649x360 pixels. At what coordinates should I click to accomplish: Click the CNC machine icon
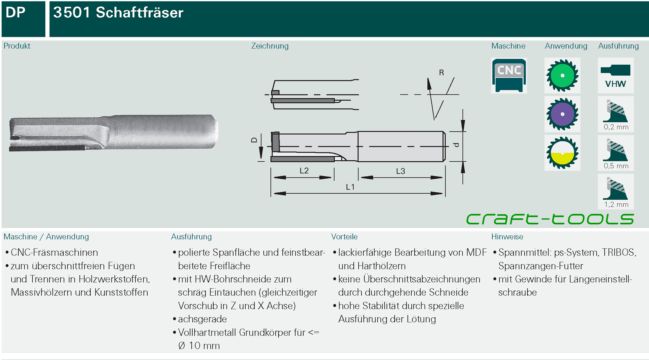tap(509, 75)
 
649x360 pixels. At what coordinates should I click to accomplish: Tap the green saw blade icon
tap(562, 75)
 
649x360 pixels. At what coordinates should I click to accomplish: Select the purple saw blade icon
tap(562, 114)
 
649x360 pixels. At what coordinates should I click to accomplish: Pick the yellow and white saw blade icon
tap(562, 153)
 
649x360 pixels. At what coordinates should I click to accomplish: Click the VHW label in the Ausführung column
tap(616, 84)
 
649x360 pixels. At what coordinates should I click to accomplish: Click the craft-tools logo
tap(550, 219)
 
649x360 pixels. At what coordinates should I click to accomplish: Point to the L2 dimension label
tap(304, 171)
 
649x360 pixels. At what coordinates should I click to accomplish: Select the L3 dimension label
tap(401, 171)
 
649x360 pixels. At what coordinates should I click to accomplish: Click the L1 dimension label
tap(350, 187)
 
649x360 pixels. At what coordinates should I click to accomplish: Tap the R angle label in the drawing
tap(441, 73)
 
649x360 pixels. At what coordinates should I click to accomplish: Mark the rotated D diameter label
tap(254, 140)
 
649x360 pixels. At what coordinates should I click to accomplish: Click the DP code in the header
tap(15, 12)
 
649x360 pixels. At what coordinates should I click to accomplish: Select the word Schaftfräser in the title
tap(139, 13)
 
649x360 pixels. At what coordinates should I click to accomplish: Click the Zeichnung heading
tap(270, 46)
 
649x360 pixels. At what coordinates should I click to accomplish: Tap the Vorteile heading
tap(344, 237)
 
